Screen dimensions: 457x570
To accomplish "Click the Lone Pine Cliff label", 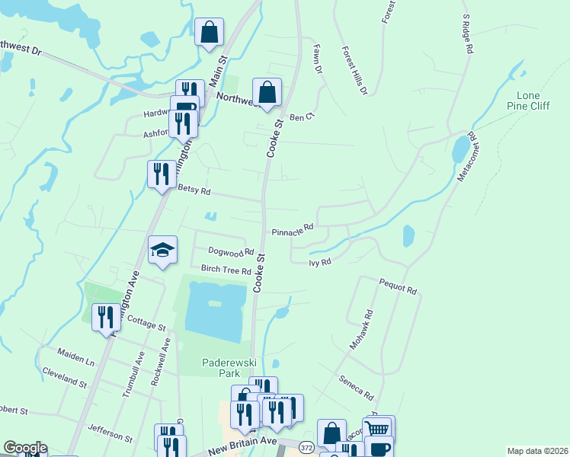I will point(533,101).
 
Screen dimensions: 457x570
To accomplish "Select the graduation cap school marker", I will point(162,251).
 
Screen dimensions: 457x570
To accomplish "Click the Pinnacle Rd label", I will point(293,228).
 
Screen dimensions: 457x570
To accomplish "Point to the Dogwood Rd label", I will point(230,251).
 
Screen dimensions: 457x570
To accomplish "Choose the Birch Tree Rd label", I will point(226,270).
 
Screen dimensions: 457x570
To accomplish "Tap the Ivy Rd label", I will point(319,262).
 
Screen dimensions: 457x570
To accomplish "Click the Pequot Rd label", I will point(399,286).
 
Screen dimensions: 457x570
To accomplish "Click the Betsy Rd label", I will point(193,190).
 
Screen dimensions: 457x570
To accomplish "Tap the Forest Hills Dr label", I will point(354,71).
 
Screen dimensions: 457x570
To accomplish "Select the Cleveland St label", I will point(65,376).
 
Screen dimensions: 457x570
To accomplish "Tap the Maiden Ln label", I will point(75,356).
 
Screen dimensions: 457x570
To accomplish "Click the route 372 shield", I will point(306,446).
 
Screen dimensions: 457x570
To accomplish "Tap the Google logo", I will point(25,448).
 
